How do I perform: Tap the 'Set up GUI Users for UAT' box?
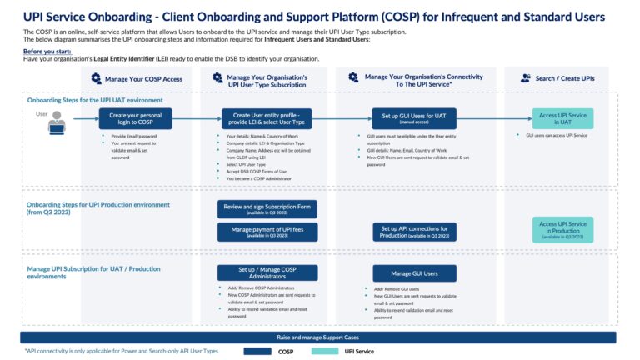click(414, 118)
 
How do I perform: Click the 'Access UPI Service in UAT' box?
click(562, 118)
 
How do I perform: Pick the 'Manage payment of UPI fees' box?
click(267, 232)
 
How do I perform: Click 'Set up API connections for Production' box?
click(414, 232)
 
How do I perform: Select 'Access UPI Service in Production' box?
click(562, 228)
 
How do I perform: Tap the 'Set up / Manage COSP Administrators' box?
click(267, 272)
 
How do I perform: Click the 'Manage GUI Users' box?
click(414, 272)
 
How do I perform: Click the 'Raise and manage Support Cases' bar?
click(318, 337)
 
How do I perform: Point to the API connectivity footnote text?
click(121, 351)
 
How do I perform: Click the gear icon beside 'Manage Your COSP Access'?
click(85, 77)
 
